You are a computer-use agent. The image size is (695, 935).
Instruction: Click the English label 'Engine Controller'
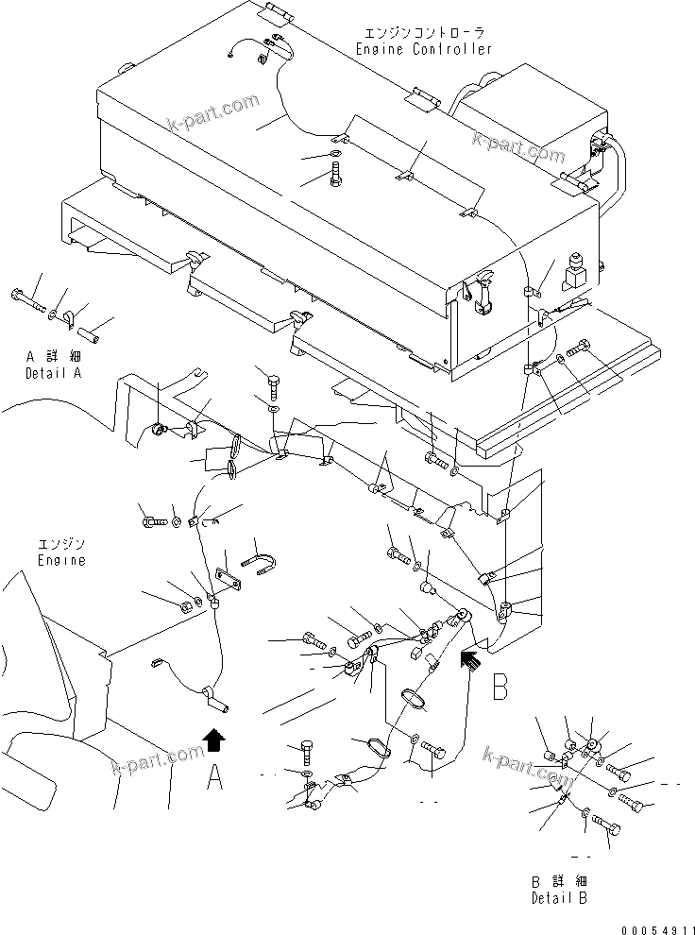[424, 49]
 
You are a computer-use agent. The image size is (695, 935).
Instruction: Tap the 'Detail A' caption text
[54, 374]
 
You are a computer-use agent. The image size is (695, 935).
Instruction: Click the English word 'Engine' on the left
[61, 560]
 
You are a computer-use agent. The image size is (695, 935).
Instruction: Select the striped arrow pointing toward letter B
[468, 657]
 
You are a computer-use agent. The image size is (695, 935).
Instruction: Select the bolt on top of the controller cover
[337, 176]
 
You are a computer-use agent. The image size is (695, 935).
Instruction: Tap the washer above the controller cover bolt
[337, 154]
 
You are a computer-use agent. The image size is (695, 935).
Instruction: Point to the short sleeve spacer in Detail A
[92, 334]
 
